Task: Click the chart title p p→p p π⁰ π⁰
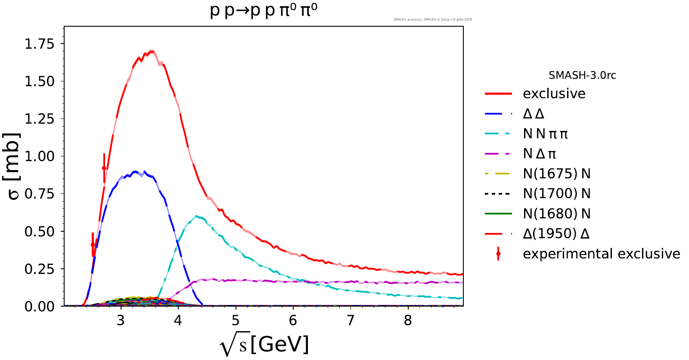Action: pyautogui.click(x=264, y=10)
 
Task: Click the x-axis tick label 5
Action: pyautogui.click(x=236, y=320)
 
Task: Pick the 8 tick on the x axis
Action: pyautogui.click(x=408, y=320)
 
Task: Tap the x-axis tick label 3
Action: pyautogui.click(x=121, y=320)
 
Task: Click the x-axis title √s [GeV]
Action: pyautogui.click(x=264, y=344)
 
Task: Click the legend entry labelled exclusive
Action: pyautogui.click(x=554, y=93)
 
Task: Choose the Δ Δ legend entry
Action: pyautogui.click(x=534, y=114)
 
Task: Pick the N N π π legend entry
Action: pyautogui.click(x=545, y=134)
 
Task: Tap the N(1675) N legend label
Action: pyautogui.click(x=556, y=174)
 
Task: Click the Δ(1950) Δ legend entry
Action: pyautogui.click(x=556, y=234)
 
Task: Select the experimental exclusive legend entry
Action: pyautogui.click(x=601, y=254)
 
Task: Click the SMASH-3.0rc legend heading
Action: pyautogui.click(x=582, y=75)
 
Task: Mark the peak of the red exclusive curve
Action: pyautogui.click(x=151, y=52)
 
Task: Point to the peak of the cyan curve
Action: pyautogui.click(x=196, y=216)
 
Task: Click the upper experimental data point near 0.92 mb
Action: pyautogui.click(x=104, y=168)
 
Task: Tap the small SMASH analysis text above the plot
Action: pyautogui.click(x=432, y=19)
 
